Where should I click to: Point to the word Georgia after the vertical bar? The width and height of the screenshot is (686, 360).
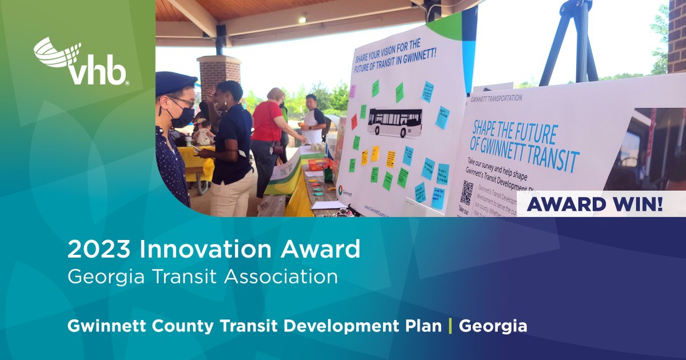[493, 326]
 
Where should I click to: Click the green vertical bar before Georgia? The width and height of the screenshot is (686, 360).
[450, 326]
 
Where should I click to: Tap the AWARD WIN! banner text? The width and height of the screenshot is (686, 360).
[595, 204]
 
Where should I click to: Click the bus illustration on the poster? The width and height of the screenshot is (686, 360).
[394, 121]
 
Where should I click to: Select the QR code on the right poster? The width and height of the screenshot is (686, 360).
[467, 193]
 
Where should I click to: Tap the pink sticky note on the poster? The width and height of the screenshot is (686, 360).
[353, 91]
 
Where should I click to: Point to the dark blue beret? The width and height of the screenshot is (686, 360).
[176, 83]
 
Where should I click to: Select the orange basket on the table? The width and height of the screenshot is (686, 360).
[320, 165]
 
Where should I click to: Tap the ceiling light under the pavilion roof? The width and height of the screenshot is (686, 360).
[302, 19]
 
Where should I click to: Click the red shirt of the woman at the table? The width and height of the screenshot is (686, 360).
[267, 121]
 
